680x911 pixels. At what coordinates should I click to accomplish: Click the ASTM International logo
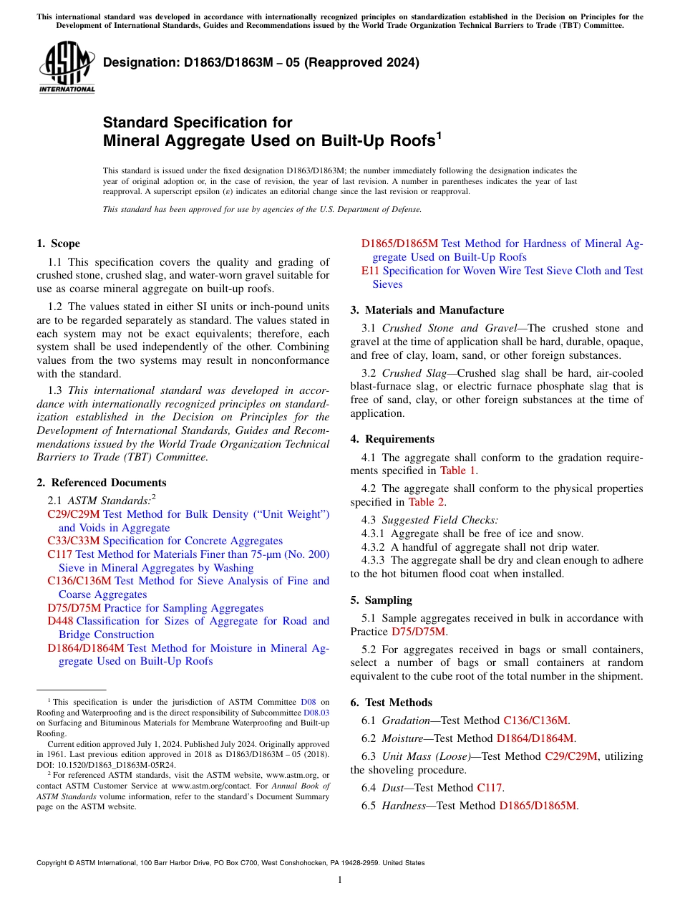[67, 68]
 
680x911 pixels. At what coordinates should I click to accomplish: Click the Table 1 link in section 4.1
[457, 471]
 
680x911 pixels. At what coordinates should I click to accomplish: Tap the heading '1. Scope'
[59, 244]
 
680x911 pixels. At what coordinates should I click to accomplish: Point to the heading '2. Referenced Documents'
[102, 483]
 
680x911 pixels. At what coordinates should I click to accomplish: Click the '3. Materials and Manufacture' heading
[427, 310]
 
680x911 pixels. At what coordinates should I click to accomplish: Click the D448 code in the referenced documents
[60, 621]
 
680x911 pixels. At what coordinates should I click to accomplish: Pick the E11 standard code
[370, 271]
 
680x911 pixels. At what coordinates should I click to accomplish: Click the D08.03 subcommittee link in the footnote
[316, 713]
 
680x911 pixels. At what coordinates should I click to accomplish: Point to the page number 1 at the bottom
[340, 879]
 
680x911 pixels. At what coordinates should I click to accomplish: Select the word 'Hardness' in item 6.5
[404, 806]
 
